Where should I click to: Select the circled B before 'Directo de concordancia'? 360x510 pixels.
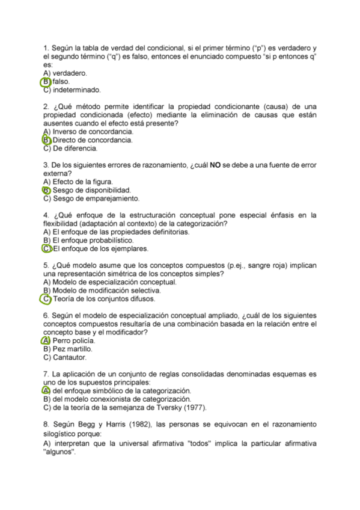46,140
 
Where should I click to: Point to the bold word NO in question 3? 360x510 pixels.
215,165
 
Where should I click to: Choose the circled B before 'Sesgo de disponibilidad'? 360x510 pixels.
46,190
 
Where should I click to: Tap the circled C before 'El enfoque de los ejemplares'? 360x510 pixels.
46,248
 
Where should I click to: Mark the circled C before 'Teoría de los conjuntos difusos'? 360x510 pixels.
46,298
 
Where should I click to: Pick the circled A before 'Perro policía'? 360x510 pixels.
46,340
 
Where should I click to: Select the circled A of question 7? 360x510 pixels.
46,390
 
